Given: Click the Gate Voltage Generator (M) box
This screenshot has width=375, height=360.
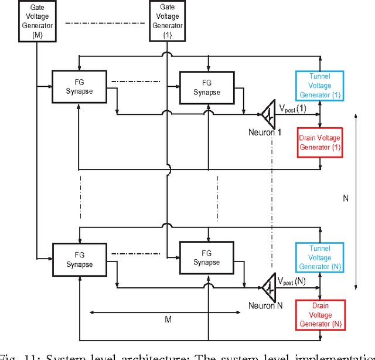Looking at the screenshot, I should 37,21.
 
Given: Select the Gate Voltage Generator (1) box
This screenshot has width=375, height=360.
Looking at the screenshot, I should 167,21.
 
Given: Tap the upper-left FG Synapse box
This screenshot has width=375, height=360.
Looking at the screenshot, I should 80,87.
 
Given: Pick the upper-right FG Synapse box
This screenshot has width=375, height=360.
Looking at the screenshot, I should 206,87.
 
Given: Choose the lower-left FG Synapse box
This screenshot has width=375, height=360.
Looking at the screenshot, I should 80,260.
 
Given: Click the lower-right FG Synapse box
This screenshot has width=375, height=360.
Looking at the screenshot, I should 206,258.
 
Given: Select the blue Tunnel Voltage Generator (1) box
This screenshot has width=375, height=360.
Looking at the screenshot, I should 320,86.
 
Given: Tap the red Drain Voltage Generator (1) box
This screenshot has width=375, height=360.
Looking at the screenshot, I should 320,142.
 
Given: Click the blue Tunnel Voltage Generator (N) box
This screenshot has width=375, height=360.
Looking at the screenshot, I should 320,257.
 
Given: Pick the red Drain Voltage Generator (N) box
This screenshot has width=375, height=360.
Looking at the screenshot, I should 320,315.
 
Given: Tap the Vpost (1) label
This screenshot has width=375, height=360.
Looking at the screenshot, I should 292,108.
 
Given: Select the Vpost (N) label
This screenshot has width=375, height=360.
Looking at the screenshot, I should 292,281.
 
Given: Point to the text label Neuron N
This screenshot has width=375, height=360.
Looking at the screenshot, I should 265,305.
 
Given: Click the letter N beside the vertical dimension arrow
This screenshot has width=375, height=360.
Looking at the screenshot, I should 346,199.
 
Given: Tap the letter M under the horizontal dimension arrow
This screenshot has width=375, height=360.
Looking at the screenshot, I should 168,320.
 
